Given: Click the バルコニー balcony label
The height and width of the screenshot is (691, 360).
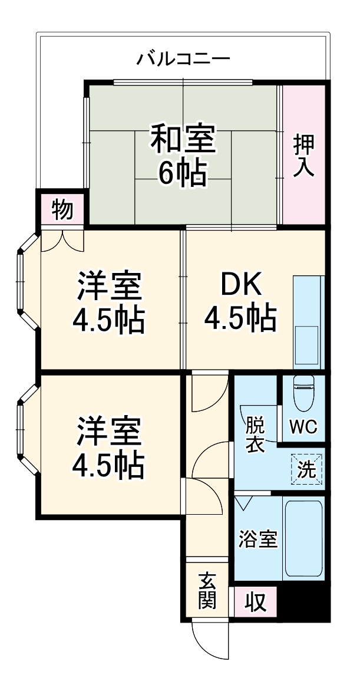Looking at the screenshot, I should pyautogui.click(x=183, y=60).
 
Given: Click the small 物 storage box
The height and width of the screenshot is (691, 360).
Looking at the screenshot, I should pyautogui.click(x=62, y=209).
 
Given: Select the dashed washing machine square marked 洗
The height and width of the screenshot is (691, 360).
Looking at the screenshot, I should pyautogui.click(x=306, y=469).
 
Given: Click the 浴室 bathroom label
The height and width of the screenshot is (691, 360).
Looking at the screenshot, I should pyautogui.click(x=257, y=539).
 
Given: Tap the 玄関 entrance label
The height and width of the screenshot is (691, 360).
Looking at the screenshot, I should pyautogui.click(x=206, y=590).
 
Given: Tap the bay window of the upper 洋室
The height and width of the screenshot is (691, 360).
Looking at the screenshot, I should pyautogui.click(x=27, y=281).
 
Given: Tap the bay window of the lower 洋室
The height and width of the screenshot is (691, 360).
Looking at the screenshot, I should pyautogui.click(x=27, y=427).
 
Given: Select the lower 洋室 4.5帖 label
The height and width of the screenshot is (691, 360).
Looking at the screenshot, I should pyautogui.click(x=108, y=447).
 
